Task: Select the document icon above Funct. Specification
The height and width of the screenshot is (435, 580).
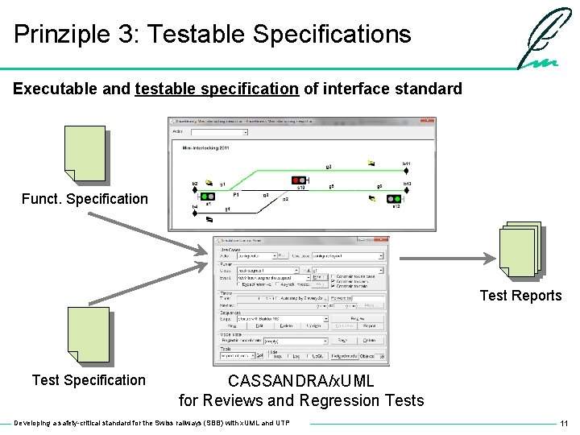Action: coord(85,153)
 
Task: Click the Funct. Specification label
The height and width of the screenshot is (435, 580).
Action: coord(85,199)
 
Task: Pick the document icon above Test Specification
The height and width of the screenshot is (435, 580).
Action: coord(88,334)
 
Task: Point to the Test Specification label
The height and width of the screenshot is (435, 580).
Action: coord(89,380)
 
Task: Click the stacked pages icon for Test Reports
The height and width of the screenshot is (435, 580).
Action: coord(519,250)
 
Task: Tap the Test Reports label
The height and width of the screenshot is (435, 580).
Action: coord(520,296)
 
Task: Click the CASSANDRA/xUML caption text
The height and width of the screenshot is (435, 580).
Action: coord(300,380)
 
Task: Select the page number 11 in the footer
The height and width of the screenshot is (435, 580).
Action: coord(564,423)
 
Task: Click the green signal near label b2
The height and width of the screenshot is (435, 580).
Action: coord(208,196)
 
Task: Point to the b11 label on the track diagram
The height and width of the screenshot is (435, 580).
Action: coord(407,164)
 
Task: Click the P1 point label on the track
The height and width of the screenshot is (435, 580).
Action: coord(236,195)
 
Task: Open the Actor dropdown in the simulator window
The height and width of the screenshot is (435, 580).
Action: coord(218,132)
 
